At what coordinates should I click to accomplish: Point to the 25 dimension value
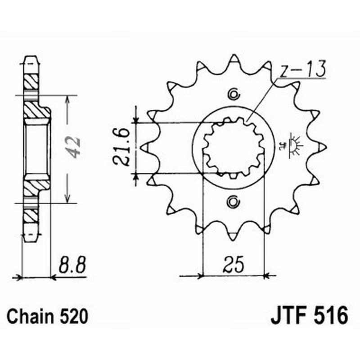[x=233, y=264]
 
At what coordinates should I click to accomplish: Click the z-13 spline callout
[x=299, y=71]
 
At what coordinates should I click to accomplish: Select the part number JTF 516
[x=309, y=315]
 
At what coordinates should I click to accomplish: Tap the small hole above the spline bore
[x=233, y=94]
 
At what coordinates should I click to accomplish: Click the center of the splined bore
[x=233, y=147]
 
